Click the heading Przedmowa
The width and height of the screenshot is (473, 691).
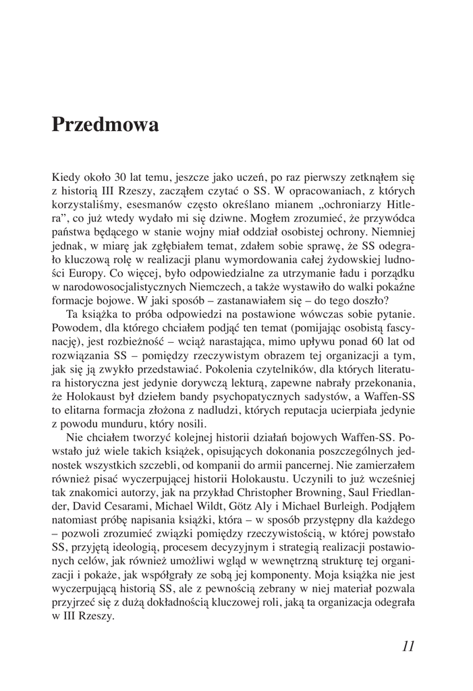105,125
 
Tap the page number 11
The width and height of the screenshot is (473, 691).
407,646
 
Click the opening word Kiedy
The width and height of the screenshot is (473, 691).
65,177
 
